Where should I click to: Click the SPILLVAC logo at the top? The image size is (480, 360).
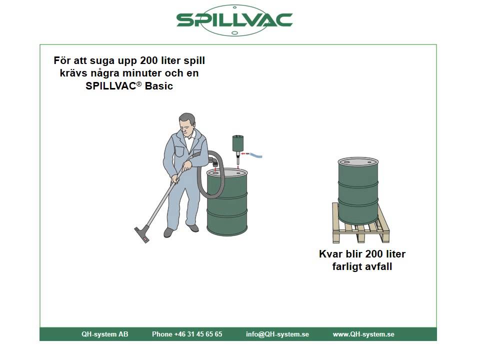pos(234,20)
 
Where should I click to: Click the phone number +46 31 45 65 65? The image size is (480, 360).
pos(187,334)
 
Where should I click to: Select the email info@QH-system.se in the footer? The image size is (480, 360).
pos(277,334)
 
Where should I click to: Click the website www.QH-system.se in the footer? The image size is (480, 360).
pos(363,334)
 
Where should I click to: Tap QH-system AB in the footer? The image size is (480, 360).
pos(105,334)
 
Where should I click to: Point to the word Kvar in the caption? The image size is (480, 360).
pos(330,254)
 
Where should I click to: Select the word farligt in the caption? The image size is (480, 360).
pos(347,266)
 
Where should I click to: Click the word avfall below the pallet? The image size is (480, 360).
pos(378,266)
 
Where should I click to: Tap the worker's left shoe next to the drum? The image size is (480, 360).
pos(193,228)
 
